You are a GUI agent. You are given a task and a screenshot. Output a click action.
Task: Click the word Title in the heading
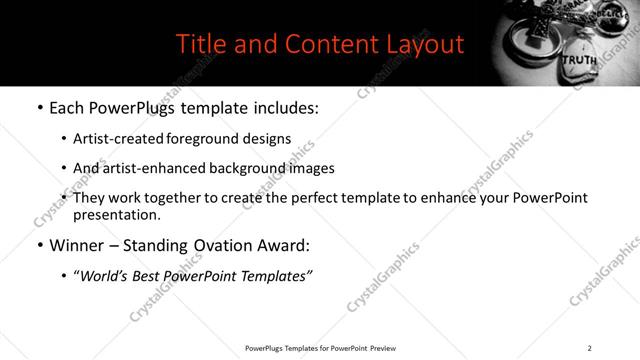201,44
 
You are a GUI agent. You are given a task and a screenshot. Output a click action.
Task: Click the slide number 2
589,347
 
